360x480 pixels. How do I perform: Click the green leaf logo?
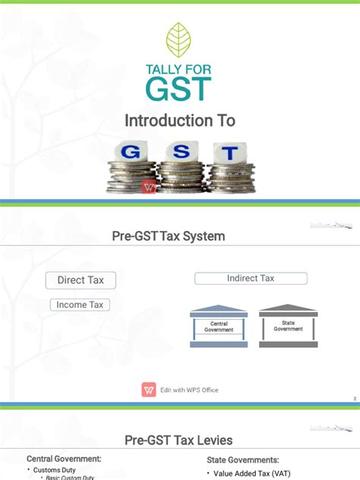179,39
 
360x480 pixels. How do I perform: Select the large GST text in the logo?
179,90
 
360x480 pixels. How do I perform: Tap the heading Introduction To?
180,121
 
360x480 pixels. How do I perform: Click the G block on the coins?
131,152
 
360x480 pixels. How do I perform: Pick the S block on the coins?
181,151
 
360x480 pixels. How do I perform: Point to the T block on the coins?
229,153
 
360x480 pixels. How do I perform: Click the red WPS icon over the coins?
149,187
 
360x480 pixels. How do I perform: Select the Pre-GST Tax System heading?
169,236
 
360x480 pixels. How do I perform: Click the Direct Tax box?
81,280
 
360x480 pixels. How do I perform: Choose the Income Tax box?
81,305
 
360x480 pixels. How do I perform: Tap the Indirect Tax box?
251,279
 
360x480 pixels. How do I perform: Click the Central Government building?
219,327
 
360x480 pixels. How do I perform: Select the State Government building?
288,327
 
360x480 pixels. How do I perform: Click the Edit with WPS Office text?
189,390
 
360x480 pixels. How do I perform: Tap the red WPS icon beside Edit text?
148,390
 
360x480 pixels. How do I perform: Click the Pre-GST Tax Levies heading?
178,441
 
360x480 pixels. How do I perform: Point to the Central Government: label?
64,459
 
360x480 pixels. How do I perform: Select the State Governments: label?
243,459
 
